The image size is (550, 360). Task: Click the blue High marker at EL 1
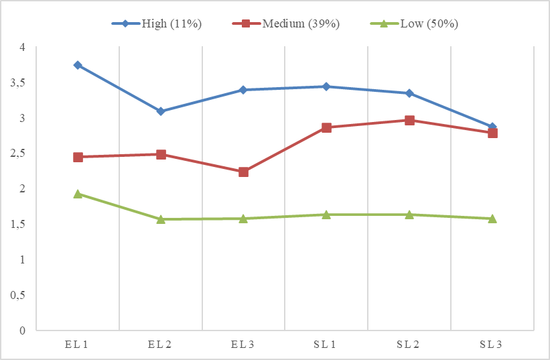pyautogui.click(x=78, y=65)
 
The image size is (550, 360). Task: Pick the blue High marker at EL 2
pyautogui.click(x=161, y=111)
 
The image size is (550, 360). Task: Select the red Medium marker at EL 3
pyautogui.click(x=243, y=172)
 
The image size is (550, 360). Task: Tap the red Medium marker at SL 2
pyautogui.click(x=409, y=120)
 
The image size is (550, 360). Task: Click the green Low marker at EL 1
pyautogui.click(x=78, y=194)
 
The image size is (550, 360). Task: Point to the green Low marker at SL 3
pyautogui.click(x=492, y=218)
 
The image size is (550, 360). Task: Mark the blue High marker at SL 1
pyautogui.click(x=326, y=86)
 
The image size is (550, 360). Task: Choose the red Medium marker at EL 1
pyautogui.click(x=78, y=157)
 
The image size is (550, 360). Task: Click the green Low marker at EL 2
pyautogui.click(x=161, y=219)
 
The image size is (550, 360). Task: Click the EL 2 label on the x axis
pyautogui.click(x=161, y=344)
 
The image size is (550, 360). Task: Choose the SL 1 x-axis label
pyautogui.click(x=326, y=344)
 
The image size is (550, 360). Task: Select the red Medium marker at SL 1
pyautogui.click(x=326, y=127)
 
